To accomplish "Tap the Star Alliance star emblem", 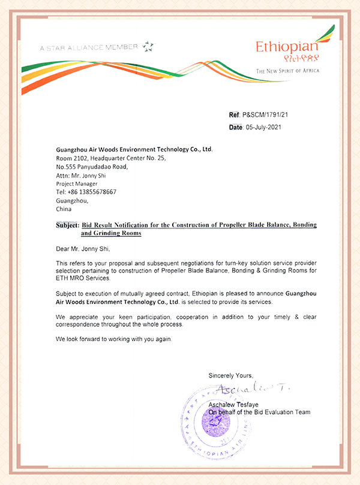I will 148,46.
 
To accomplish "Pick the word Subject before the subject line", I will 63,224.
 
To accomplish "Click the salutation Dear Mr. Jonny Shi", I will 83,248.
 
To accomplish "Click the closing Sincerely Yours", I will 231,375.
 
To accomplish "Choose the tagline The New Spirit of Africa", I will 288,71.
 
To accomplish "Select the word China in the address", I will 64,209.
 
